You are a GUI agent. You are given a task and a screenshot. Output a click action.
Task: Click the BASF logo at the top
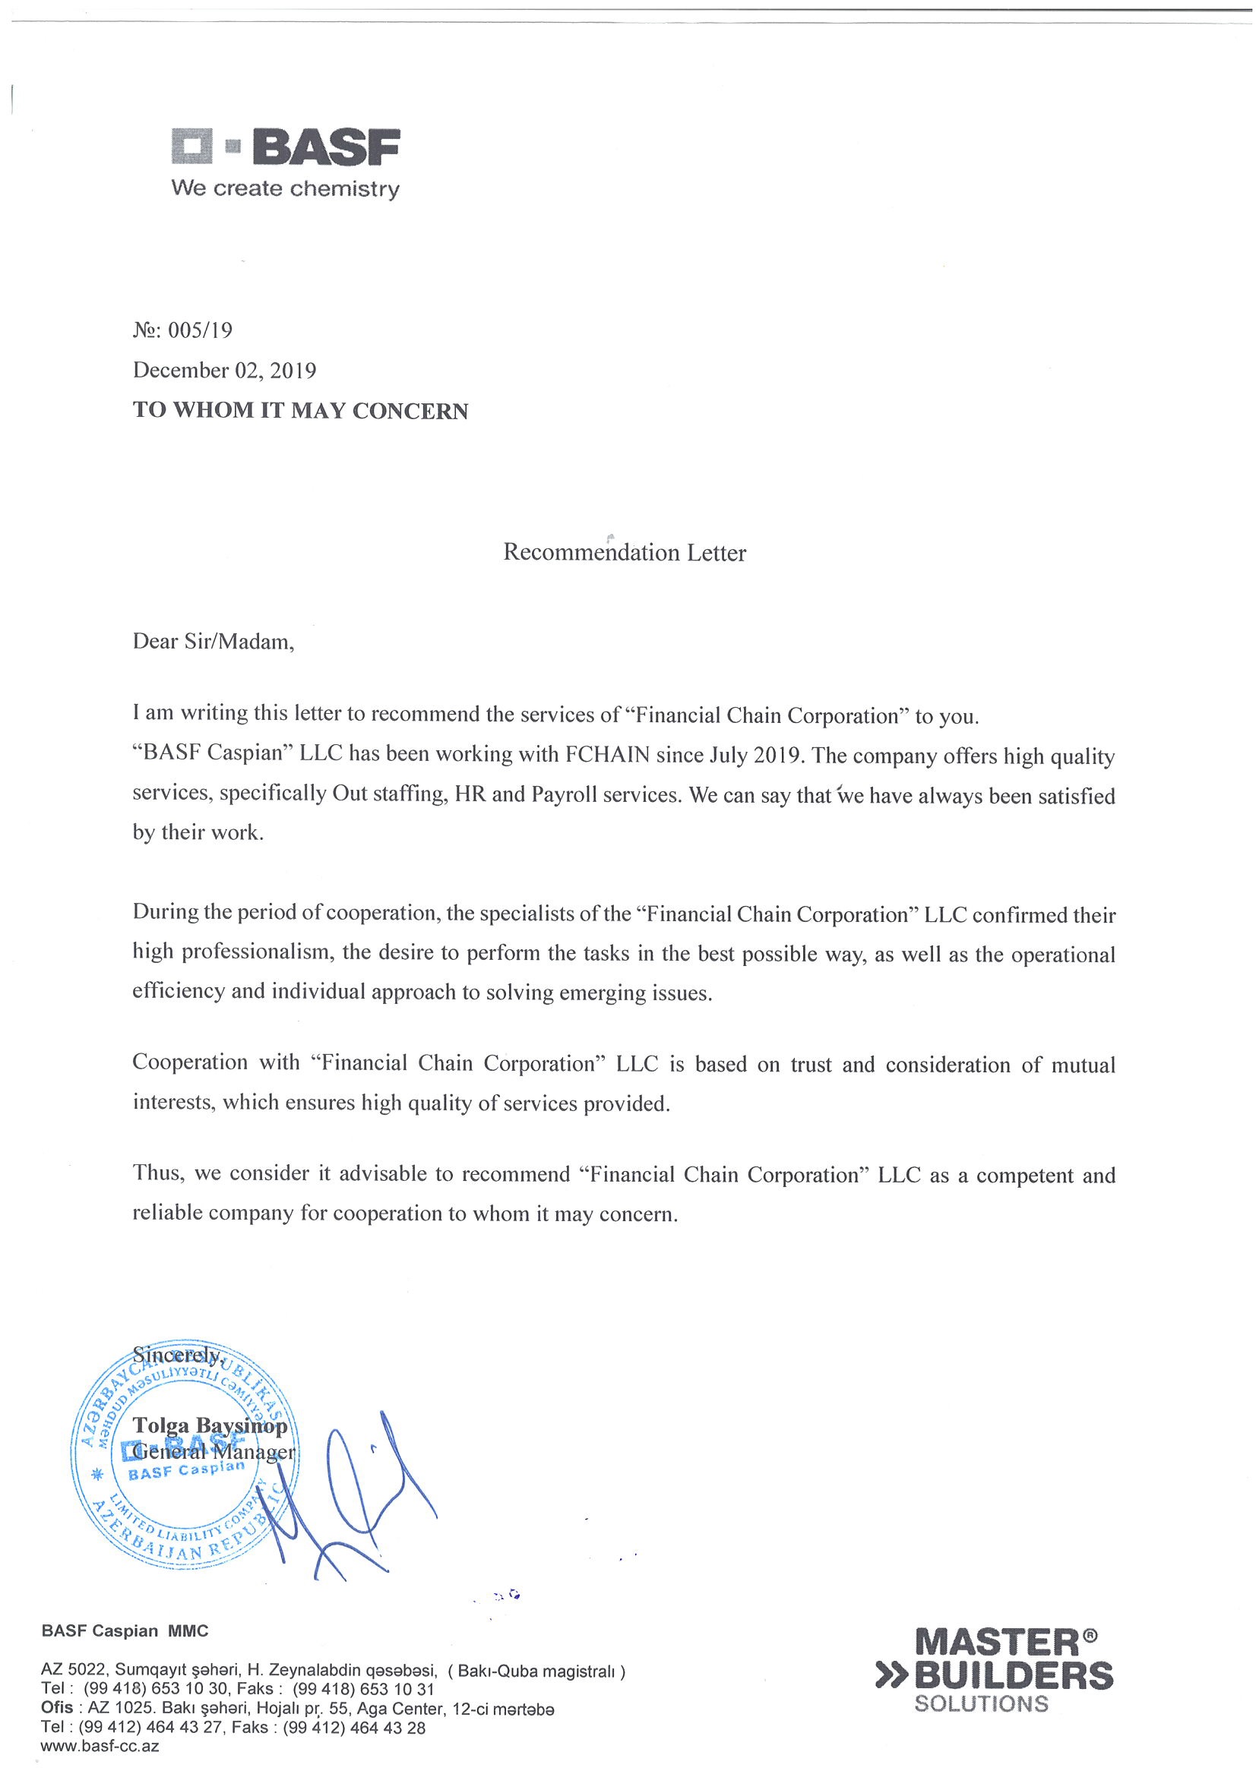point(285,146)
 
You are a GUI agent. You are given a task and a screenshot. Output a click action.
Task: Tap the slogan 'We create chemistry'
point(286,188)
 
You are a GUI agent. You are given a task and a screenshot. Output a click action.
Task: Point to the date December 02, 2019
point(224,371)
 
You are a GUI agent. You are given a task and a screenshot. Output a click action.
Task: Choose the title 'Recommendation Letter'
point(624,553)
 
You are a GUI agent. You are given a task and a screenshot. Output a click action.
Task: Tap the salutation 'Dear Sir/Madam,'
point(214,642)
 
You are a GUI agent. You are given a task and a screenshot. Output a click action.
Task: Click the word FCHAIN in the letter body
point(606,755)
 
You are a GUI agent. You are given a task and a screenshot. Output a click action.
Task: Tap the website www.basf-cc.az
point(100,1746)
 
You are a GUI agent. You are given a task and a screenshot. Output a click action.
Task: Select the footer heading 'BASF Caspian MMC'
point(125,1631)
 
